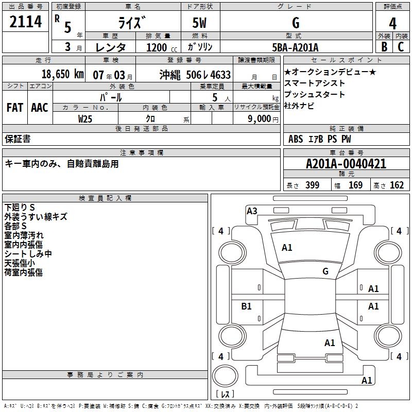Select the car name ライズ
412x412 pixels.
point(132,23)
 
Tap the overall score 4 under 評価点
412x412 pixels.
point(393,23)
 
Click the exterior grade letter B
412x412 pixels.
point(384,47)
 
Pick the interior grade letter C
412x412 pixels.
point(401,47)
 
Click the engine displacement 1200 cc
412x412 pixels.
point(157,47)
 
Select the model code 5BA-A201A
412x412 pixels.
point(295,47)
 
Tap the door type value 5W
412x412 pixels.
point(200,23)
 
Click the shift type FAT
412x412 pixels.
point(14,107)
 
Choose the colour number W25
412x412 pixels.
point(85,118)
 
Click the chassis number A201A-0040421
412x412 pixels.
point(346,164)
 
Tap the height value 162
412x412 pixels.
point(397,185)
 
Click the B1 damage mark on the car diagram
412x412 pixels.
point(247,306)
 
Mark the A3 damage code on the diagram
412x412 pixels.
point(252,211)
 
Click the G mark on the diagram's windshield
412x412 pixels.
point(325,271)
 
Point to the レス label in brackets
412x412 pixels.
point(225,394)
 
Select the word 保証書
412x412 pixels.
point(18,139)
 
